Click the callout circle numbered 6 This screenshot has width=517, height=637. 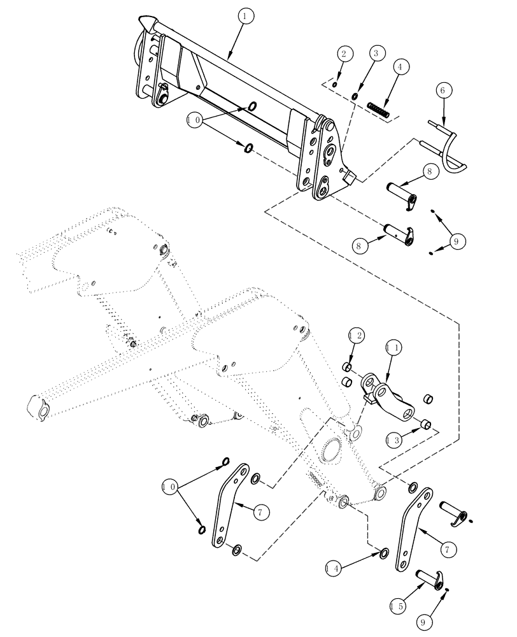pos(441,92)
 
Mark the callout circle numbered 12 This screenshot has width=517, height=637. pos(357,334)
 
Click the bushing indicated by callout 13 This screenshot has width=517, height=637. pos(426,423)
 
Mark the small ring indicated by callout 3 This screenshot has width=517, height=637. pos(355,96)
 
